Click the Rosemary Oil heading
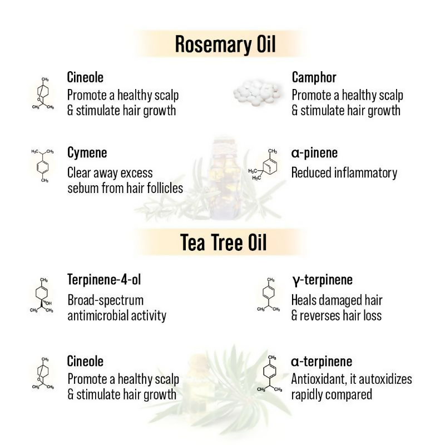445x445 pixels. click(225, 44)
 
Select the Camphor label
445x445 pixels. click(314, 77)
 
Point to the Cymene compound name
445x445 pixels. click(87, 152)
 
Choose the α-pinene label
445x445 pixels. click(314, 152)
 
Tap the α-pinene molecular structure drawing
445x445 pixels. click(265, 165)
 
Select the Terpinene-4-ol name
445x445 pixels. click(107, 279)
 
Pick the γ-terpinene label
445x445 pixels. click(322, 279)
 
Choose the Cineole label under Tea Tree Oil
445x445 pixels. click(85, 361)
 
